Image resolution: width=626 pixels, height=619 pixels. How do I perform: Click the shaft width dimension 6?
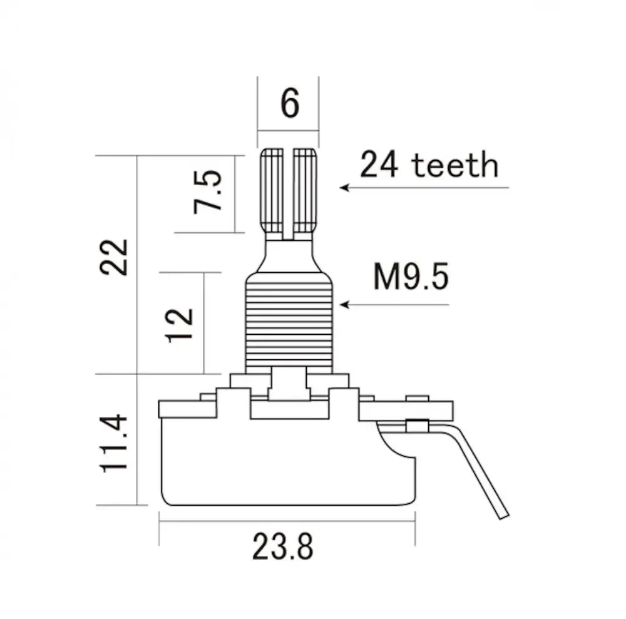290,103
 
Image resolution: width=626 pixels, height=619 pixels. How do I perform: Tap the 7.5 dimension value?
207,192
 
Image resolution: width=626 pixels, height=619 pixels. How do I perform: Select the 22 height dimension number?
114,257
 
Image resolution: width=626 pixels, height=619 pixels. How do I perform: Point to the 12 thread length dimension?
179,325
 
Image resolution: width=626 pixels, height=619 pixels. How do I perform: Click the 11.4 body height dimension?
114,444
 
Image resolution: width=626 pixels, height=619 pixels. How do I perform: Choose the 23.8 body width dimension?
283,547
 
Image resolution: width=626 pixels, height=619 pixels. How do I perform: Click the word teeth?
455,165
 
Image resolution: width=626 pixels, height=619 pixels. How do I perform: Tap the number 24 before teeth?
379,165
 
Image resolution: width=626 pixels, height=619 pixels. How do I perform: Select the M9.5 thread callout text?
411,276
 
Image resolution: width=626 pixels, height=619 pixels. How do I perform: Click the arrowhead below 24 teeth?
344,188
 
